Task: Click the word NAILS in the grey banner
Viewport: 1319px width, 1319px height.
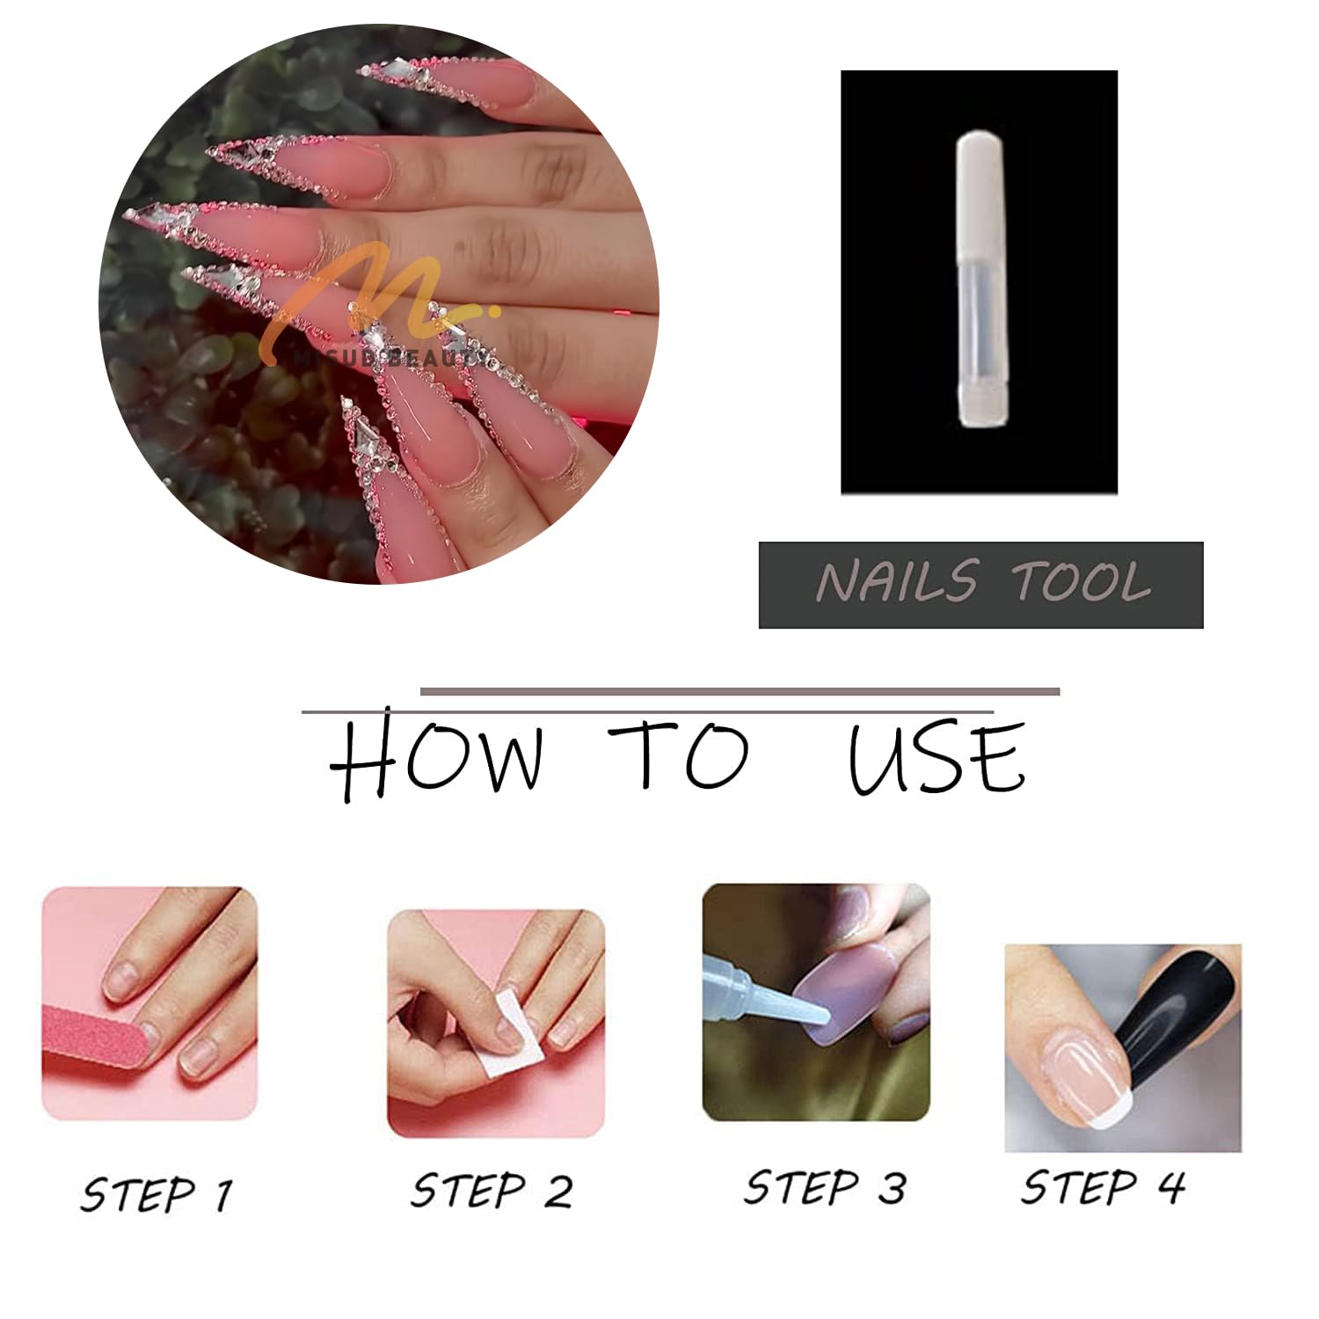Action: (x=897, y=582)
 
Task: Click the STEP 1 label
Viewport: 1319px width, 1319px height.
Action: (x=157, y=1194)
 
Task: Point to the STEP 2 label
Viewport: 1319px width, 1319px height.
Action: (x=492, y=1191)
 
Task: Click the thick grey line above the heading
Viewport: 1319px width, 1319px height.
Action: (x=739, y=691)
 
